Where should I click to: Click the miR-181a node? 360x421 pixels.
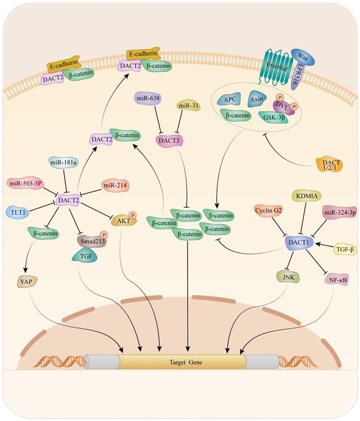pyautogui.click(x=64, y=163)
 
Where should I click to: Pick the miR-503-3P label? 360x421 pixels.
pyautogui.click(x=24, y=183)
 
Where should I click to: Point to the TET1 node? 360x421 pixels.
pyautogui.click(x=17, y=211)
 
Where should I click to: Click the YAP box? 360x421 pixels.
pyautogui.click(x=25, y=281)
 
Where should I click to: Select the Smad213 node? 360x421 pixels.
pyautogui.click(x=91, y=240)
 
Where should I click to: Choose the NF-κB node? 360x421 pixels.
pyautogui.click(x=337, y=280)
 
